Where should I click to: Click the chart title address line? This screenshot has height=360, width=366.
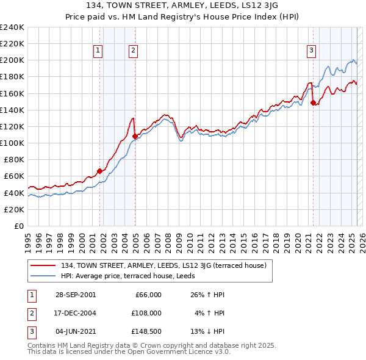pyautogui.click(x=183, y=7)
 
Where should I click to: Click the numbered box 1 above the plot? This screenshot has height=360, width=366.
pyautogui.click(x=98, y=51)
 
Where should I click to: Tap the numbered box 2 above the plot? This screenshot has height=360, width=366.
pyautogui.click(x=133, y=51)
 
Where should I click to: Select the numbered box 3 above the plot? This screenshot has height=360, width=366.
pyautogui.click(x=311, y=51)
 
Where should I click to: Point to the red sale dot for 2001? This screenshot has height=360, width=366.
pyautogui.click(x=99, y=171)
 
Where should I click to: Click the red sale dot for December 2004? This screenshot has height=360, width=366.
pyautogui.click(x=135, y=137)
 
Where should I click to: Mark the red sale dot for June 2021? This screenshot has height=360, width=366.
pyautogui.click(x=313, y=103)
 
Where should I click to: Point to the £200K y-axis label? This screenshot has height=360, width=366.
pyautogui.click(x=12, y=60)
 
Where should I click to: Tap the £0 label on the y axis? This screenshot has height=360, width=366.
pyautogui.click(x=18, y=226)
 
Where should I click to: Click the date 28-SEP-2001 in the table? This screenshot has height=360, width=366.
pyautogui.click(x=74, y=295)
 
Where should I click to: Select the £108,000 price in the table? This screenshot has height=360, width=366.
pyautogui.click(x=146, y=313)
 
